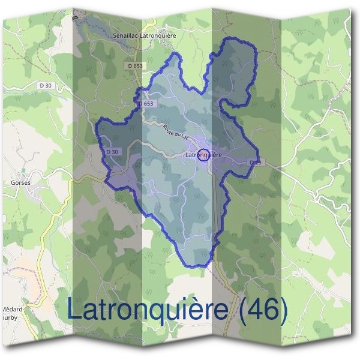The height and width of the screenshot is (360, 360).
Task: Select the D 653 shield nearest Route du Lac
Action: coord(146,104)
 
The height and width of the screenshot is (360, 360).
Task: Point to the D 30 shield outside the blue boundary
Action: coord(46,86)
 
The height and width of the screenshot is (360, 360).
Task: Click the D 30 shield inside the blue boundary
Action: coord(112,152)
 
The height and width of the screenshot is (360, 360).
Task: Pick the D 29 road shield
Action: coord(256,163)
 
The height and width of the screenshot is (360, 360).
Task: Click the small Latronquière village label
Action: coord(204,155)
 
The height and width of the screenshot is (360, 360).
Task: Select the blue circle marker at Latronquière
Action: coord(203,155)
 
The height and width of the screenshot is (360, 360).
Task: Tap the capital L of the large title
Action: coord(74,310)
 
